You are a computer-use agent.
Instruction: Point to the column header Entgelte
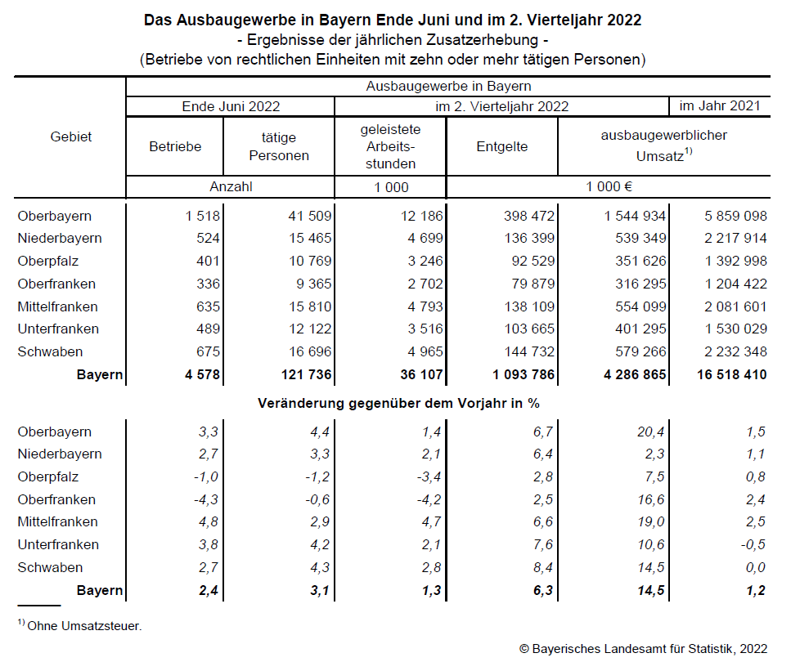[x=501, y=147]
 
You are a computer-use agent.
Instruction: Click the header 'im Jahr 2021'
[x=720, y=105]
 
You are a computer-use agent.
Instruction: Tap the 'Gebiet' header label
[x=70, y=137]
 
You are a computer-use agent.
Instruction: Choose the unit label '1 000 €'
[x=608, y=186]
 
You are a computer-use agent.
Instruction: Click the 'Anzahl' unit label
[x=231, y=186]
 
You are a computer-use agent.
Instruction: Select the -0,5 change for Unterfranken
[x=751, y=544]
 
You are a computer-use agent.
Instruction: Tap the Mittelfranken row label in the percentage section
[x=57, y=522]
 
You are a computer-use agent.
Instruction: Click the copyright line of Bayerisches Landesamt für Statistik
[x=643, y=648]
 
